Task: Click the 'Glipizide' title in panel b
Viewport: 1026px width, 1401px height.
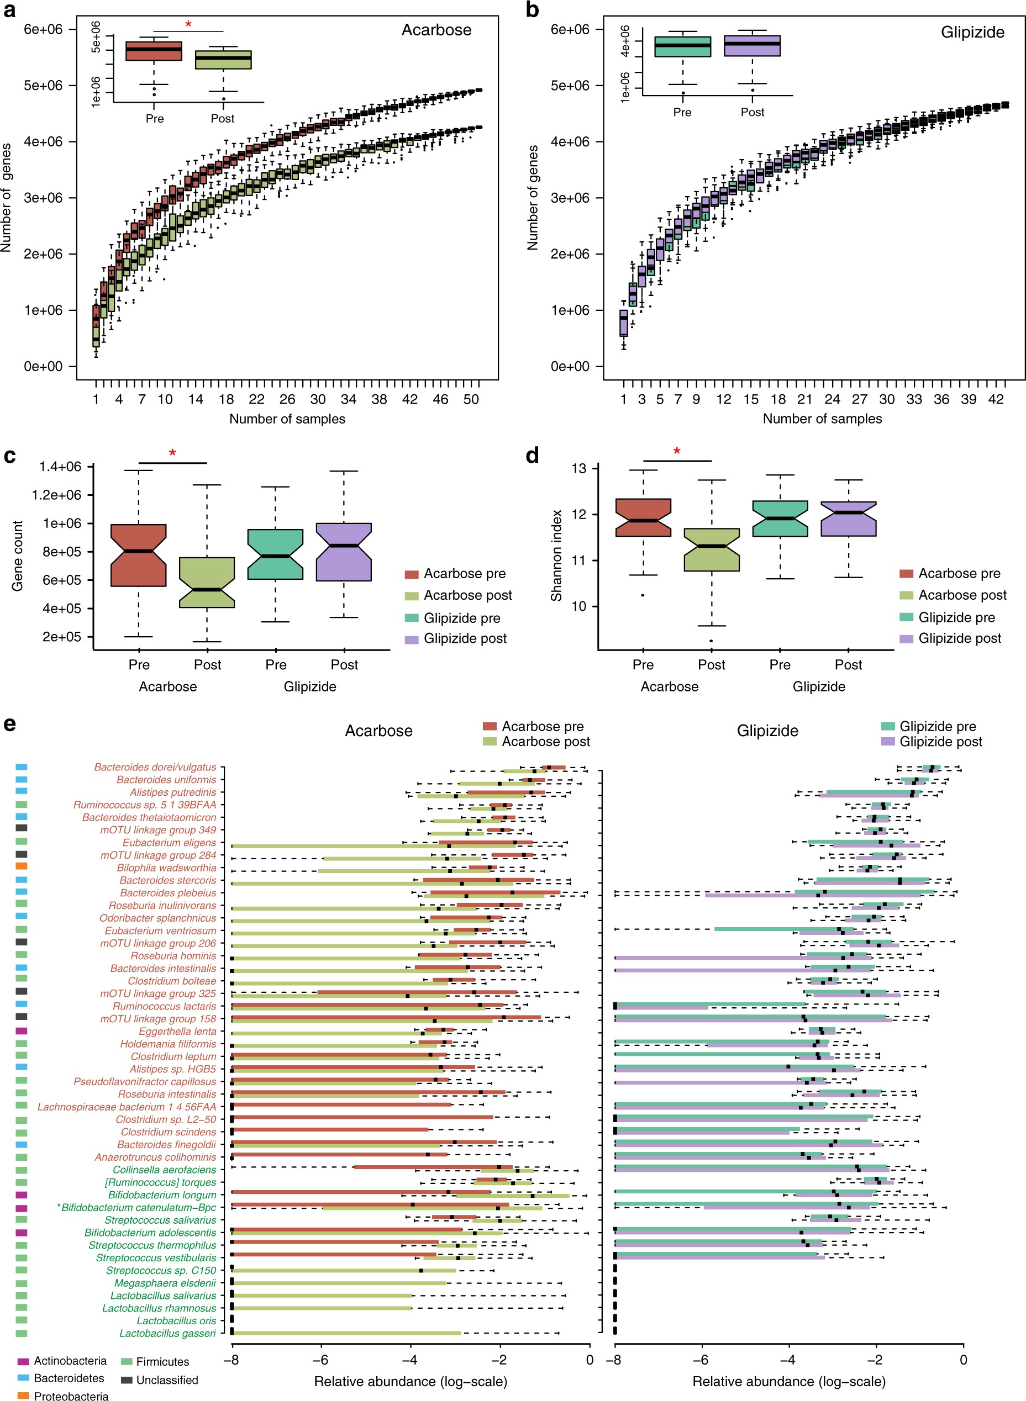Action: (972, 32)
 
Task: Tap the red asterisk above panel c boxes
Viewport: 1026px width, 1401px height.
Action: (172, 453)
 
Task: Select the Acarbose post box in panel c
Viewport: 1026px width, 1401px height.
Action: (207, 582)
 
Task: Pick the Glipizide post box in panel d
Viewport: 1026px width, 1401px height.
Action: (849, 519)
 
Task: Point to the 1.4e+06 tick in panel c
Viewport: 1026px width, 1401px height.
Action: (60, 467)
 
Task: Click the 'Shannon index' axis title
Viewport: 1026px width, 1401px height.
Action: (556, 555)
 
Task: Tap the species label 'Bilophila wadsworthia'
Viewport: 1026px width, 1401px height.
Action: (166, 868)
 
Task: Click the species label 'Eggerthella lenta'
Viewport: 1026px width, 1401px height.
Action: (177, 1031)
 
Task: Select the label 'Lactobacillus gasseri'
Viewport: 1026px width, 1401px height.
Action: (168, 1333)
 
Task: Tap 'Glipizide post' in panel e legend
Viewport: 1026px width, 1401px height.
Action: (941, 742)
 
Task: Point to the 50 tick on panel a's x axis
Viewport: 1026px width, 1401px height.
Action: (471, 399)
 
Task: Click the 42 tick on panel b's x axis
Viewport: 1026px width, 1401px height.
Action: (996, 399)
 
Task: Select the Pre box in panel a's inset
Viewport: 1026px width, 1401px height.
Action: (154, 51)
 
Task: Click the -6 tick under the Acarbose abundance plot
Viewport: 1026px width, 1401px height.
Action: (320, 1360)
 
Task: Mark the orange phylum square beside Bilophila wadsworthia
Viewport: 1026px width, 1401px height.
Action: (22, 865)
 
